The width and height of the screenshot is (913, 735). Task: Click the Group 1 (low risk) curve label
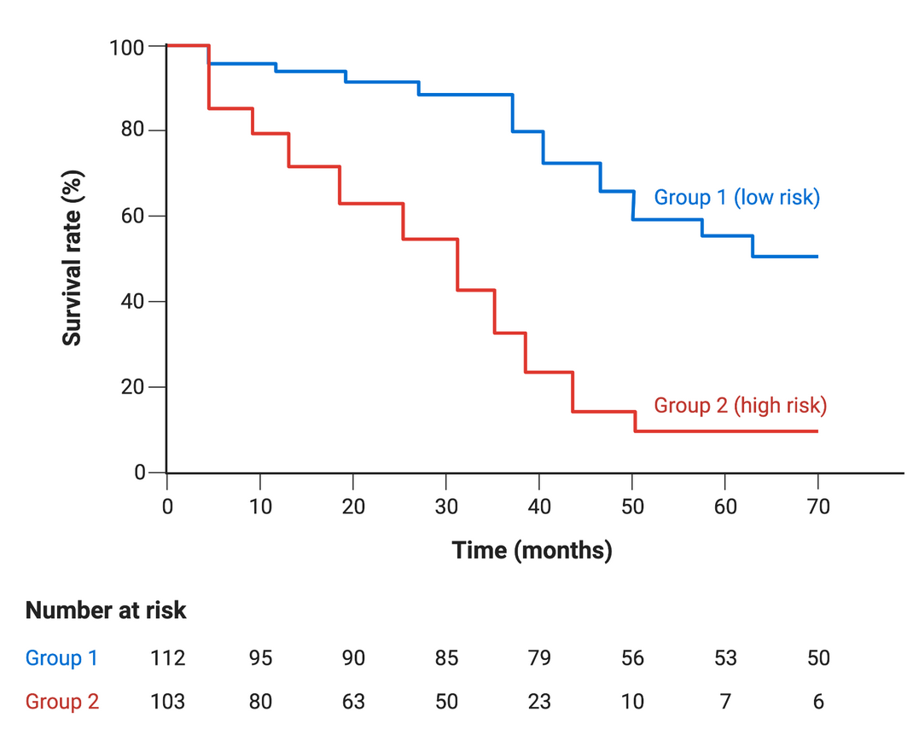point(736,198)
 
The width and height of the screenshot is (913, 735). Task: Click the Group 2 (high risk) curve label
point(740,405)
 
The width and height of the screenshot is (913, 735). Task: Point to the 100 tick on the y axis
point(125,46)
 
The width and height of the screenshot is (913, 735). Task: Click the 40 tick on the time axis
point(539,506)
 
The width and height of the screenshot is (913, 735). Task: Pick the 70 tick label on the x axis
point(817,506)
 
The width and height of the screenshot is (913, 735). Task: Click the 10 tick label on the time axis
point(260,506)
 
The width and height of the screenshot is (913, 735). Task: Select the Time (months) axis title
point(532,551)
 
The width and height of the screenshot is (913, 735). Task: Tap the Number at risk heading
point(106,611)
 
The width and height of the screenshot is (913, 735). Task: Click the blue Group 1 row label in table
point(61,658)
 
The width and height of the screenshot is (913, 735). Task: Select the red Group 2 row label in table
point(62,702)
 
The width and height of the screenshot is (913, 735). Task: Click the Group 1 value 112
point(167,658)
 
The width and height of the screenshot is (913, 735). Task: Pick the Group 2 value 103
point(167,702)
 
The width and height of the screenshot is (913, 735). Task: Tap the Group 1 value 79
point(539,658)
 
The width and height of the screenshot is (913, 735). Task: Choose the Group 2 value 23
point(539,702)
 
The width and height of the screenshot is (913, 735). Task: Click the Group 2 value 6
point(817,702)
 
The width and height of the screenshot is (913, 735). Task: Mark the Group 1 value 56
point(632,658)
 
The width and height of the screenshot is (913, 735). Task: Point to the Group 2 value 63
point(353,702)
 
